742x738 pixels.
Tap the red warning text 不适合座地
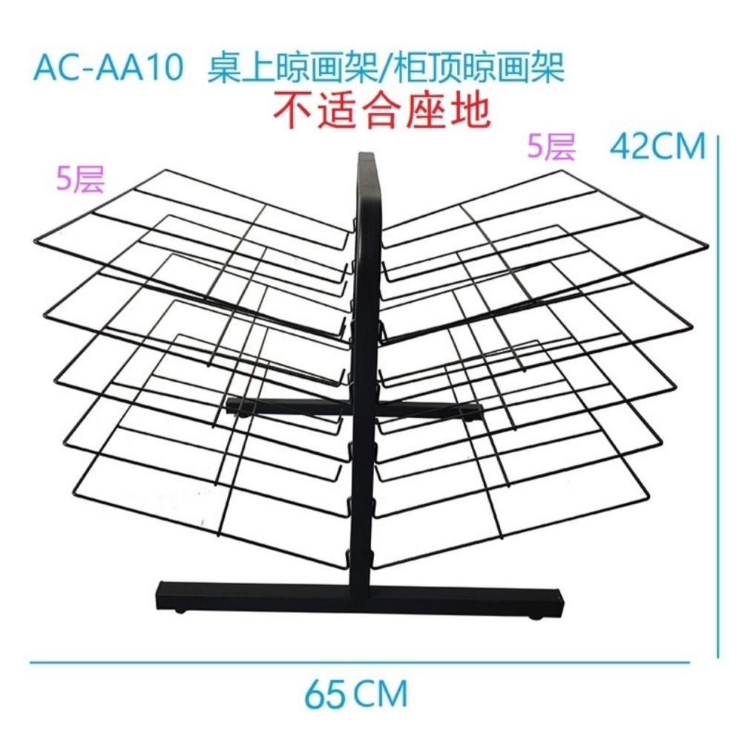tap(381, 111)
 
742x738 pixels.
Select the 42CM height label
tap(657, 147)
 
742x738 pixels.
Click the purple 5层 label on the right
tap(551, 146)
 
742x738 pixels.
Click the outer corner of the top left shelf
tap(35, 241)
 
